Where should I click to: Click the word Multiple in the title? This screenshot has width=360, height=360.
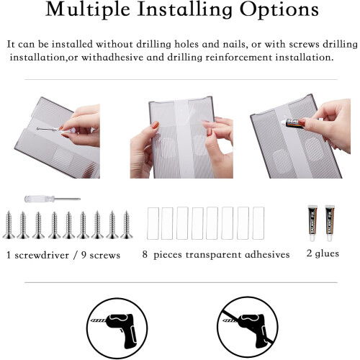pyautogui.click(x=88, y=10)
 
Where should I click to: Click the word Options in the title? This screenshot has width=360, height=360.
pyautogui.click(x=279, y=10)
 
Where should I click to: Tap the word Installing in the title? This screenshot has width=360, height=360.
pyautogui.click(x=185, y=10)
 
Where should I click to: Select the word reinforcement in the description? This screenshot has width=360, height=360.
pyautogui.click(x=239, y=58)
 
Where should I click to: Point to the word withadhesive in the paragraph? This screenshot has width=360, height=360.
pyautogui.click(x=112, y=58)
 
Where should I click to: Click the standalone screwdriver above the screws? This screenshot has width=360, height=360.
pyautogui.click(x=53, y=199)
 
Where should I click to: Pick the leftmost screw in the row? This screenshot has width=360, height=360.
pyautogui.click(x=9, y=225)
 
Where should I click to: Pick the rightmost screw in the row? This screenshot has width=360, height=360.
pyautogui.click(x=127, y=225)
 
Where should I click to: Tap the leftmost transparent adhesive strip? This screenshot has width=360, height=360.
pyautogui.click(x=153, y=223)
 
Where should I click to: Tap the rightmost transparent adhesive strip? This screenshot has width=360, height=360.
pyautogui.click(x=258, y=223)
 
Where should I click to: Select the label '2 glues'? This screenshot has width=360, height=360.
pyautogui.click(x=323, y=253)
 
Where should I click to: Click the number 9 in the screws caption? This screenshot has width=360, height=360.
pyautogui.click(x=84, y=255)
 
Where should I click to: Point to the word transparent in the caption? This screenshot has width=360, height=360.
pyautogui.click(x=213, y=255)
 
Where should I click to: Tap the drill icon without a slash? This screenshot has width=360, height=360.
pyautogui.click(x=117, y=328)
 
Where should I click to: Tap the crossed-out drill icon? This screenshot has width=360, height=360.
pyautogui.click(x=248, y=328)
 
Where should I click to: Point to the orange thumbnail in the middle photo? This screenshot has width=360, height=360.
pyautogui.click(x=155, y=125)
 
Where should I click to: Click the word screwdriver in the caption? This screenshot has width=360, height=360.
pyautogui.click(x=42, y=255)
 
